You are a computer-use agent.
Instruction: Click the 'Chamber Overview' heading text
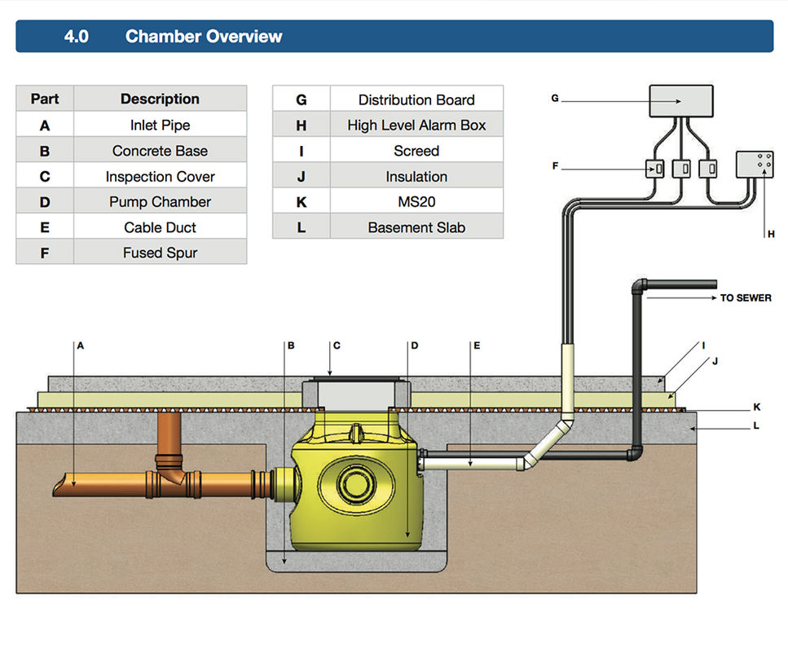204,36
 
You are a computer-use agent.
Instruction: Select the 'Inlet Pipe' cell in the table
161,125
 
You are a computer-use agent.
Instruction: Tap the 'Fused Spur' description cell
161,253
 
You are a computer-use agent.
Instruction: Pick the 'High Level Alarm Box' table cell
416,125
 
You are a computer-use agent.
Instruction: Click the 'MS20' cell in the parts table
416,201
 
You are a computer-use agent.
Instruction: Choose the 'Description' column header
161,99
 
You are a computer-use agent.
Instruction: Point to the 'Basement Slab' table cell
416,227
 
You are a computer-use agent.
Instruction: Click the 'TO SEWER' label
746,297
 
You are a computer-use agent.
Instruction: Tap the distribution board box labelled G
681,101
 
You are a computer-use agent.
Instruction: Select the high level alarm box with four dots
755,165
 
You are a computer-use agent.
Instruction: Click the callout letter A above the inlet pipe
81,346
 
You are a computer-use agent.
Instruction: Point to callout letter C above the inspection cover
337,346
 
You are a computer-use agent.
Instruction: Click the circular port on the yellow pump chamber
356,483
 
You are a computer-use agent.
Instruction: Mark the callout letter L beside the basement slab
756,425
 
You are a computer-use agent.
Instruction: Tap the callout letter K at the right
757,407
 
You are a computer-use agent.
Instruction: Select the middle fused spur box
681,169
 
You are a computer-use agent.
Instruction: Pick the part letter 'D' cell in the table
45,201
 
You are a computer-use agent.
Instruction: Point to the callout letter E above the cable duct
477,346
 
